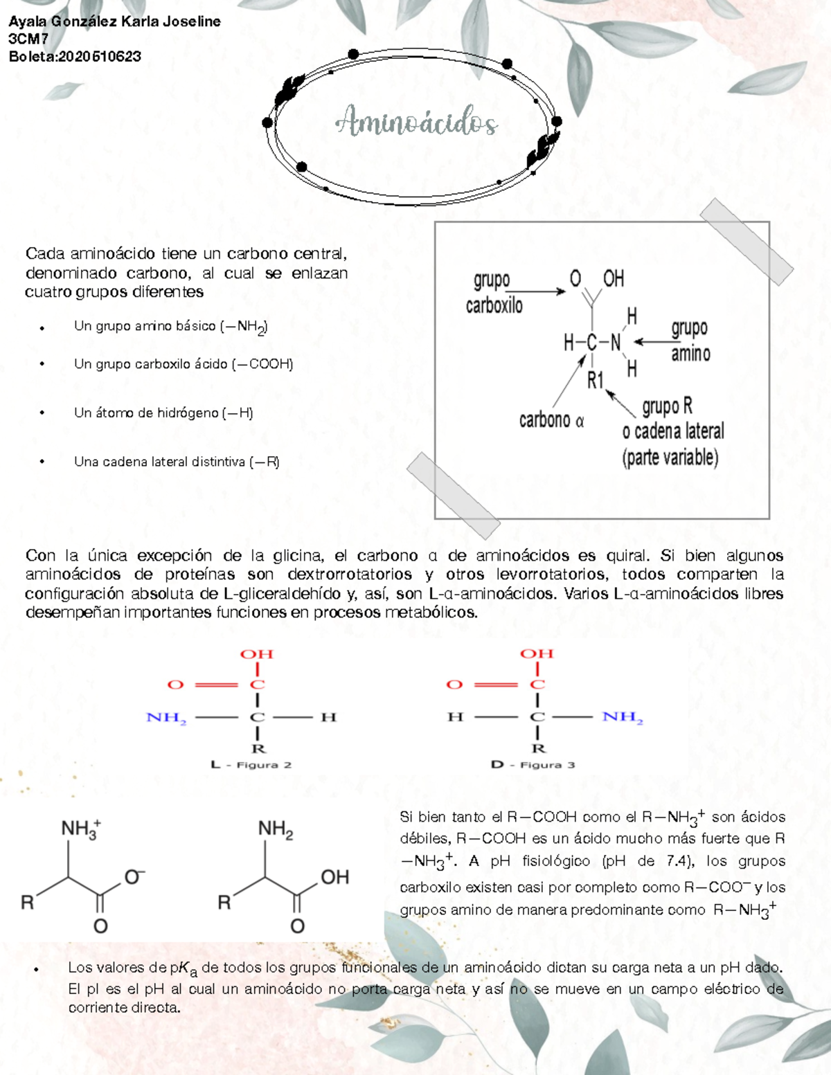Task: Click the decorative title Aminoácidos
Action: tap(416, 123)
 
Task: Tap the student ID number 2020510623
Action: tap(100, 57)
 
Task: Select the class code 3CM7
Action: tap(28, 39)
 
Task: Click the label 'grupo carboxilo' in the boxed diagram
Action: tap(493, 293)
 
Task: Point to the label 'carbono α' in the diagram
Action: tap(551, 420)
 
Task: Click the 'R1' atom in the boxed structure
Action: tap(596, 380)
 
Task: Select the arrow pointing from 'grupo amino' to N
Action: tap(652, 341)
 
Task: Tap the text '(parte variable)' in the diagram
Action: tap(670, 458)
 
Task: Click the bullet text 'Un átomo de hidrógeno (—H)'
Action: tap(163, 413)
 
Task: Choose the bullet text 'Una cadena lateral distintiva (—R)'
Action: tap(177, 462)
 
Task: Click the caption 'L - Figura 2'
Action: tap(251, 765)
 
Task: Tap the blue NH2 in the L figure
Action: tap(166, 718)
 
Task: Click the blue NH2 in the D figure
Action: tap(623, 717)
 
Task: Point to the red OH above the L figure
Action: tap(257, 654)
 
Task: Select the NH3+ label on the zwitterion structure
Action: tap(80, 829)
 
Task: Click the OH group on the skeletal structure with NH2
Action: tap(334, 877)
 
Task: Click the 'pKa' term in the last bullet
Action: tap(184, 968)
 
